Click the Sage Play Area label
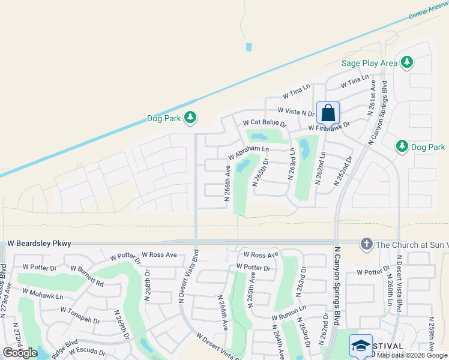tap(369, 62)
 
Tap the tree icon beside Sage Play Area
tap(407, 62)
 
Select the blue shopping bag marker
tap(328, 113)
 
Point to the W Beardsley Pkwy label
tap(39, 244)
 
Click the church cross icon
tap(366, 244)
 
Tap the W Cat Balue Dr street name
tap(265, 123)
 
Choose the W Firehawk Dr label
tap(328, 127)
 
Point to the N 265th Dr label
tap(260, 173)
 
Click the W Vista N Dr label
tap(296, 112)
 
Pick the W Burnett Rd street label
tap(86, 275)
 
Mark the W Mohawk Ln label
tap(43, 293)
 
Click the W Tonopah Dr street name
tap(80, 315)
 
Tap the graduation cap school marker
tap(361, 346)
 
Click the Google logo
tap(20, 353)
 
